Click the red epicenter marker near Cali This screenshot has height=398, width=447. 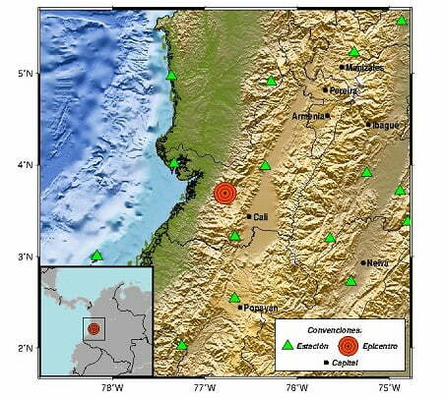click(226, 193)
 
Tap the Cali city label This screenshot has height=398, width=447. click(261, 217)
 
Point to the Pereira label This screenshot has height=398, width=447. click(344, 89)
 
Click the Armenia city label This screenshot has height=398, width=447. click(308, 116)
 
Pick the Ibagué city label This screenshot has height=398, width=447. click(385, 125)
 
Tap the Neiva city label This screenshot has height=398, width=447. click(378, 262)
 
